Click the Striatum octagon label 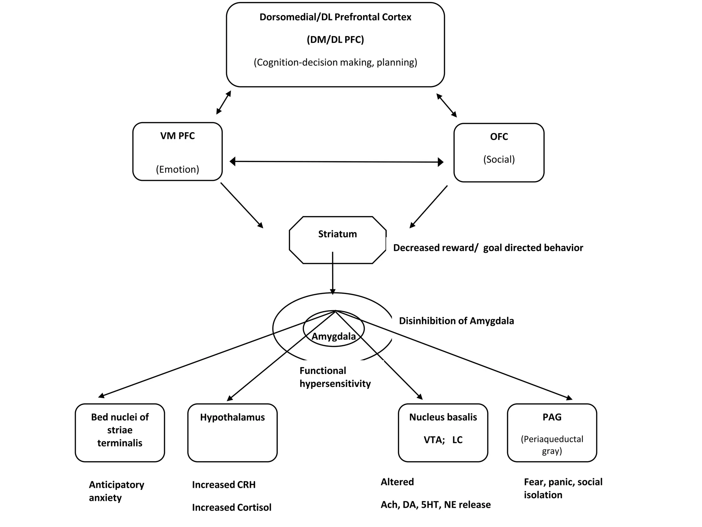pyautogui.click(x=337, y=234)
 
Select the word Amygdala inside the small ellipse pyautogui.click(x=334, y=336)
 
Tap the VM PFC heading pyautogui.click(x=177, y=136)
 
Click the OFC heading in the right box pyautogui.click(x=499, y=137)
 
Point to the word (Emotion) pyautogui.click(x=177, y=169)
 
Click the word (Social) pyautogui.click(x=499, y=159)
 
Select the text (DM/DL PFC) pyautogui.click(x=335, y=39)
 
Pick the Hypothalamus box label pyautogui.click(x=232, y=417)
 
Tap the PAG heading pyautogui.click(x=552, y=417)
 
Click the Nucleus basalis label pyautogui.click(x=443, y=417)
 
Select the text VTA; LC pyautogui.click(x=443, y=440)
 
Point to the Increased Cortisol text pyautogui.click(x=231, y=507)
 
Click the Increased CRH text pyautogui.click(x=223, y=485)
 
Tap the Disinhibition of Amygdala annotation pyautogui.click(x=456, y=321)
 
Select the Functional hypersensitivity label pyautogui.click(x=335, y=377)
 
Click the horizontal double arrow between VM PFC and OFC pyautogui.click(x=336, y=161)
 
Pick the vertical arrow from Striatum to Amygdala pyautogui.click(x=332, y=274)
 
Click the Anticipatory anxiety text pyautogui.click(x=116, y=491)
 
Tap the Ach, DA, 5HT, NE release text pyautogui.click(x=435, y=505)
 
